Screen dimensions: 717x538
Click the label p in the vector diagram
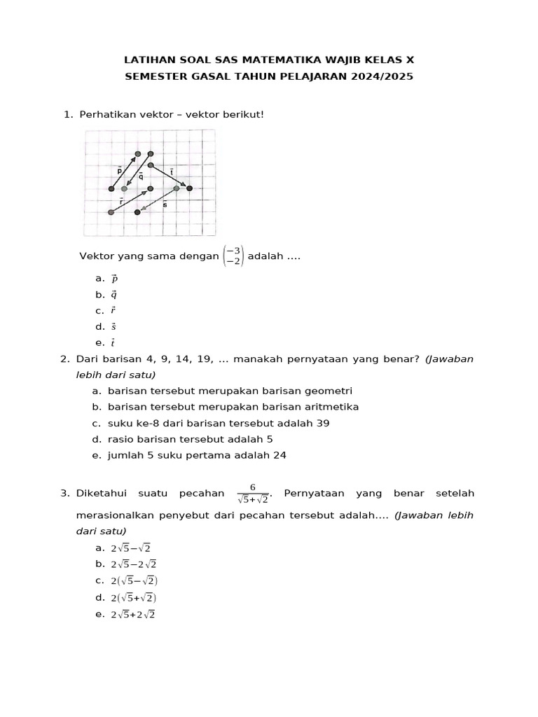[x=119, y=169]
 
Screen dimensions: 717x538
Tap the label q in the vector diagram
[x=141, y=176]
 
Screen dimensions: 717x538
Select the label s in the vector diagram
[x=165, y=204]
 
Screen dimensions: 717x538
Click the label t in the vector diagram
[x=172, y=171]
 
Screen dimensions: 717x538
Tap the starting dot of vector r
[x=111, y=212]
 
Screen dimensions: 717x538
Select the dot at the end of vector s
[x=137, y=212]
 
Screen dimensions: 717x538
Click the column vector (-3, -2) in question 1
[x=233, y=256]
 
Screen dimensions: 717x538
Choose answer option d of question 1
[x=113, y=326]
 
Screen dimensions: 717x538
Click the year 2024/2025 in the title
[x=381, y=76]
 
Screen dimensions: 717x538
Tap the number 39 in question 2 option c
[x=323, y=423]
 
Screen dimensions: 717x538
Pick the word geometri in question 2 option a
[x=329, y=391]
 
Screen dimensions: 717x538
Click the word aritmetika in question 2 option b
[x=333, y=407]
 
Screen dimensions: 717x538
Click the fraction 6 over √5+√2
[x=254, y=494]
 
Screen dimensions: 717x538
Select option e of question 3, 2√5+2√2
[x=133, y=614]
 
